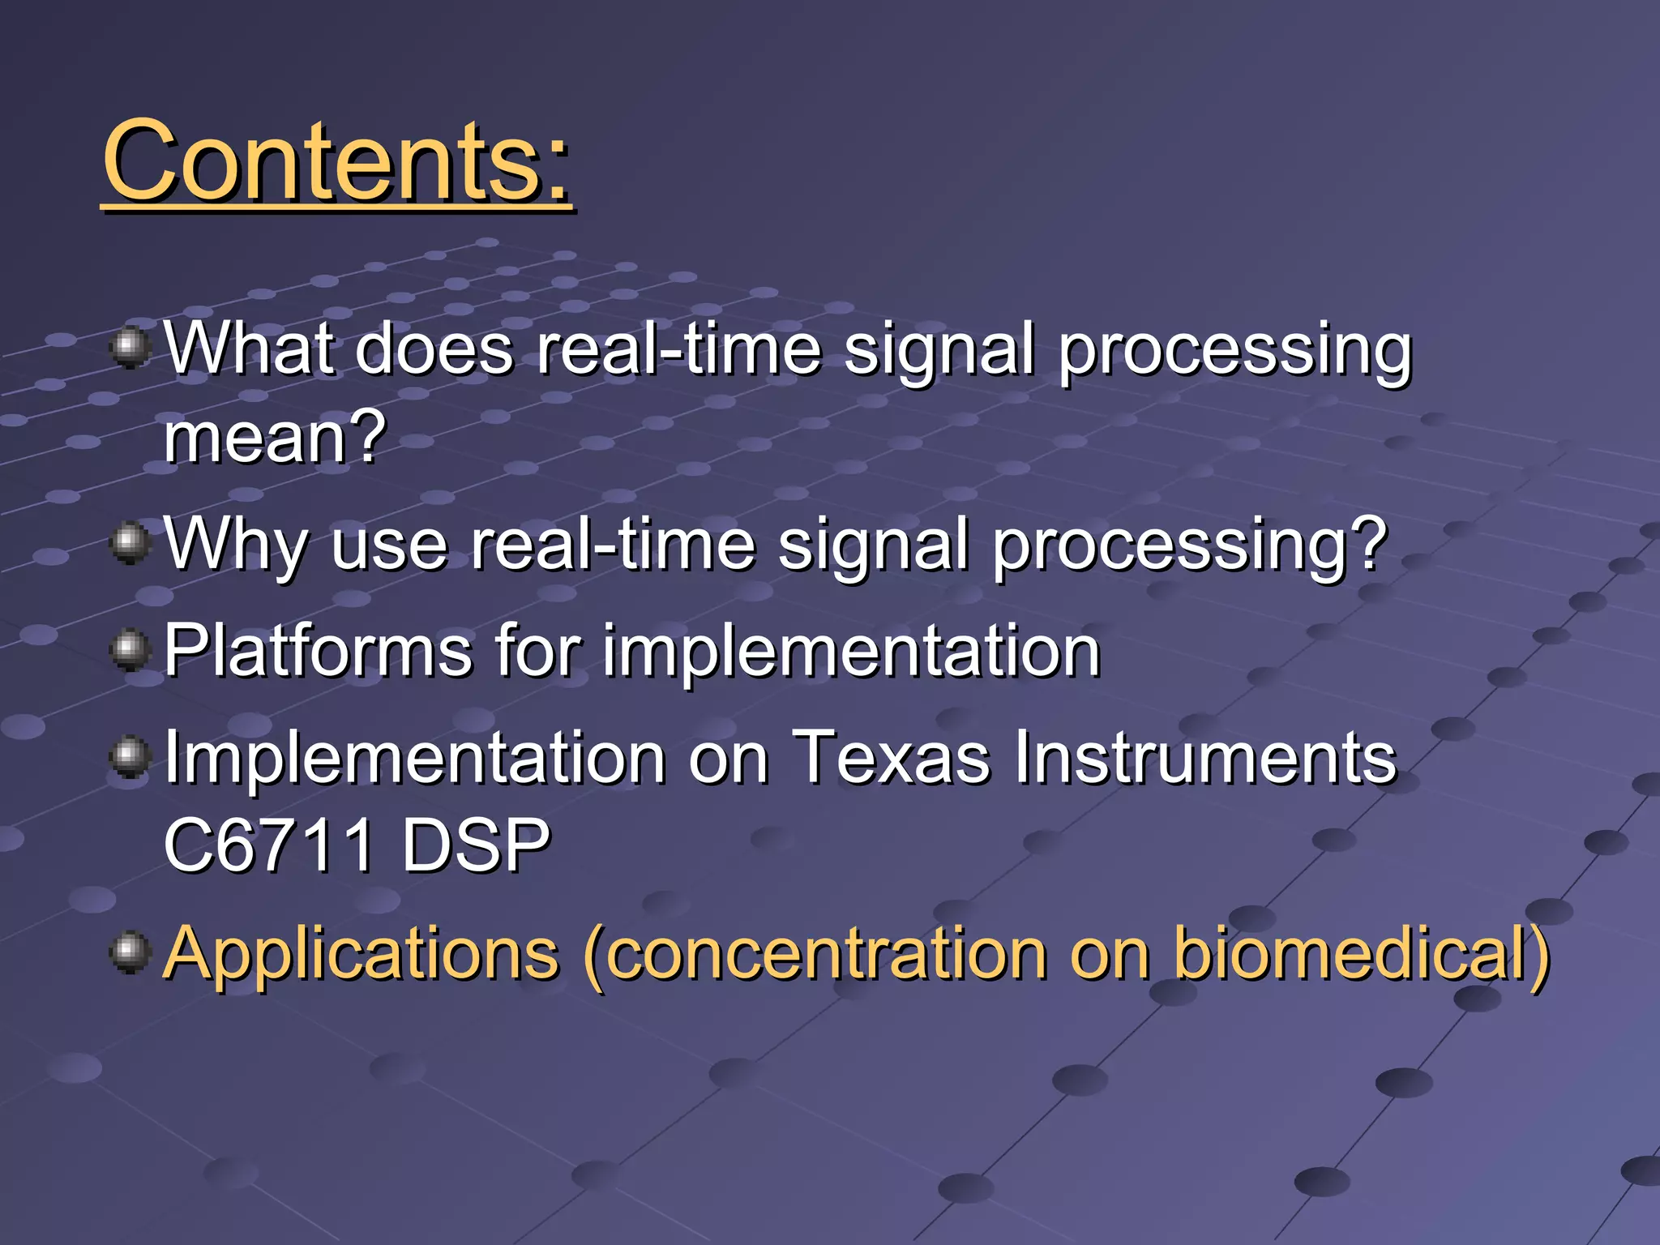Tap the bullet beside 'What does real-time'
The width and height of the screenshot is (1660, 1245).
[x=130, y=347]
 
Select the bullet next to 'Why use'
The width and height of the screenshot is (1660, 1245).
[x=130, y=542]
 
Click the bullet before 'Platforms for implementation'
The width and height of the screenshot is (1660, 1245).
[x=130, y=650]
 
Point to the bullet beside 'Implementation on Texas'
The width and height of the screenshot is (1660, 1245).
[x=130, y=757]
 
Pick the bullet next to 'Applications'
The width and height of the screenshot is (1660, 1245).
[x=130, y=952]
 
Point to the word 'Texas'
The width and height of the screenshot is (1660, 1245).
[x=891, y=757]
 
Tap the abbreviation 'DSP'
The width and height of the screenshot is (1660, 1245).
[x=476, y=845]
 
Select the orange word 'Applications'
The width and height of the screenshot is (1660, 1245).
[x=362, y=953]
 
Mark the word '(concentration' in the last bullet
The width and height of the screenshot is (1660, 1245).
[x=815, y=953]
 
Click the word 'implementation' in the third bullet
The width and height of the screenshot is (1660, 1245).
[x=850, y=650]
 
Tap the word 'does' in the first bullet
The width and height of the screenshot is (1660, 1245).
[x=434, y=349]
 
